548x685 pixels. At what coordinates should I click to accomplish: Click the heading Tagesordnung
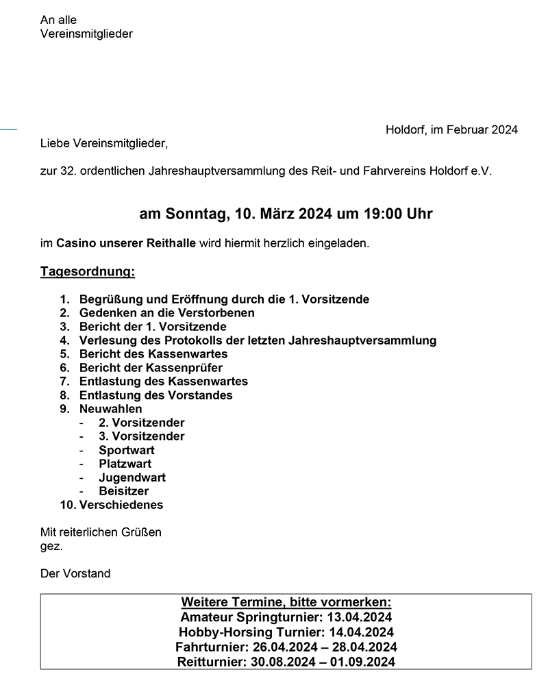(x=88, y=272)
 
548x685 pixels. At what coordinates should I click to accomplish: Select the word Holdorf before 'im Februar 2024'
(x=406, y=129)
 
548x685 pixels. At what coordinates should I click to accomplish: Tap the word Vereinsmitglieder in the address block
(x=86, y=34)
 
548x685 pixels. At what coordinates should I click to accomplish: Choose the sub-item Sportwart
(x=127, y=450)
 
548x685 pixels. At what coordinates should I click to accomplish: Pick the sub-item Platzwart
(x=125, y=464)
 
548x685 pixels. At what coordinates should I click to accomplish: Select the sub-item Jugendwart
(x=132, y=477)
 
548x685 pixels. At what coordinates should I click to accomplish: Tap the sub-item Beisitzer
(x=123, y=491)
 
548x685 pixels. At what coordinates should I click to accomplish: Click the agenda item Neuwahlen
(x=111, y=409)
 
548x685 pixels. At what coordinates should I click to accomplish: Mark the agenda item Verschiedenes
(x=121, y=506)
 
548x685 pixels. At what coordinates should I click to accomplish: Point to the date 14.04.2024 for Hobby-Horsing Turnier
(x=361, y=632)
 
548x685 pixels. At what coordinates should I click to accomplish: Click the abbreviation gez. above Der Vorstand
(x=51, y=546)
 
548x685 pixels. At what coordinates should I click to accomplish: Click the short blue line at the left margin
(x=8, y=128)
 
